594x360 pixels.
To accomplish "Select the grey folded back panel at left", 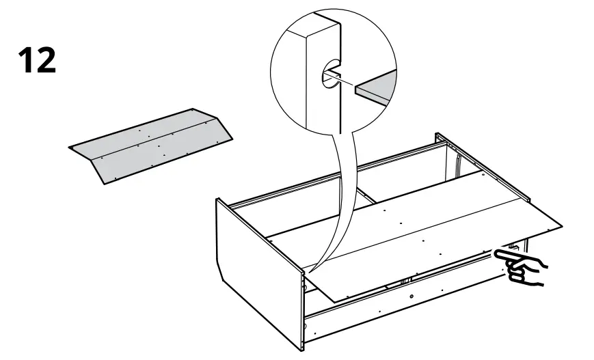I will pyautogui.click(x=150, y=145).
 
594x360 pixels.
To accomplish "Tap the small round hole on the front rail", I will pyautogui.click(x=411, y=295).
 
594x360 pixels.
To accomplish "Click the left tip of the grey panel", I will pyautogui.click(x=71, y=146).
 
